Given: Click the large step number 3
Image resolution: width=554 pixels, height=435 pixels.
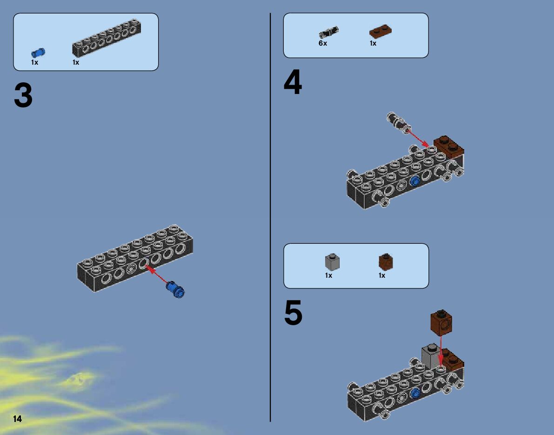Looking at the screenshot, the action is pos(23,95).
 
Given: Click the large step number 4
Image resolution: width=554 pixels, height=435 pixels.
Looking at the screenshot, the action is pos(293,81).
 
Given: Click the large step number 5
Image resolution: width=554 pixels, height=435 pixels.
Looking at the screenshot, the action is pos(293,312).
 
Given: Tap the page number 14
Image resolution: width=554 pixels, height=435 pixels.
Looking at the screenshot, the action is pos(18,419).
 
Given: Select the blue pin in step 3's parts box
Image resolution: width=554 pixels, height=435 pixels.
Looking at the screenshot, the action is pos(38,53).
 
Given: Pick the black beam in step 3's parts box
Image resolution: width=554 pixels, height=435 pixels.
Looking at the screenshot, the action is pos(107,38).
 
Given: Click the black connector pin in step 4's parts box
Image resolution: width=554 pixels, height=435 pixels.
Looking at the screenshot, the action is pos(328,32).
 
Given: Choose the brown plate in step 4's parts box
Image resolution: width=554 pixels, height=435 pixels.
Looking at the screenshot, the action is pos(380,31).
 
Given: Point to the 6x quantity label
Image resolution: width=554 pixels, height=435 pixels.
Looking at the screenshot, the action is pos(322,43).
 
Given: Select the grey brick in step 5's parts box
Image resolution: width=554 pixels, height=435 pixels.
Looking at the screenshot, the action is pos(332,262).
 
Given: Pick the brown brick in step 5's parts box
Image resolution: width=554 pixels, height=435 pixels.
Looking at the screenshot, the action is pos(386,262).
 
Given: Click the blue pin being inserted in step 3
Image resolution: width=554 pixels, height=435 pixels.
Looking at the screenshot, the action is pos(175,289).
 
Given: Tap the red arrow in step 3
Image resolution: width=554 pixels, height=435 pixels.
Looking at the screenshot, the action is pos(156,274).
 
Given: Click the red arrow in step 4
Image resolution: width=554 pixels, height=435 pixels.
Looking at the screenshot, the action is pos(418,138).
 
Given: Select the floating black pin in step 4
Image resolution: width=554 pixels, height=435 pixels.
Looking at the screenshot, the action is pos(398,123).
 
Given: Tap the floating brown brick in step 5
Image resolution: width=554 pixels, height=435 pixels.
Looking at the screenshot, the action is pos(441,323).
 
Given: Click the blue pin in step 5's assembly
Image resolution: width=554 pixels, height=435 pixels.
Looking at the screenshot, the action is pos(415,392).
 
